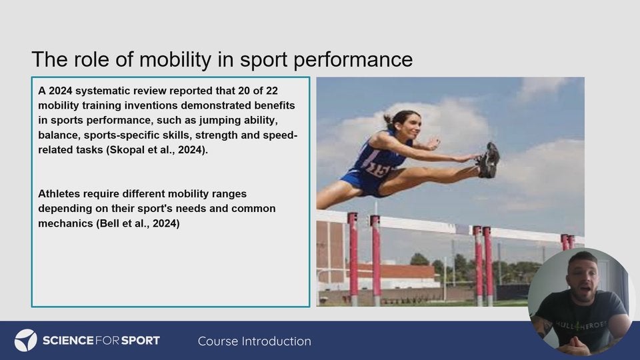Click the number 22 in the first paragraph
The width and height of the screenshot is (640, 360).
271,91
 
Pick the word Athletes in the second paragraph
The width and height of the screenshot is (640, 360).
59,193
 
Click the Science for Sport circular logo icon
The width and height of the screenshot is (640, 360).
25,341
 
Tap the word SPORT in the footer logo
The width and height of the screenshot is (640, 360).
141,341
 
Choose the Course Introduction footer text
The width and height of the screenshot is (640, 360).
254,341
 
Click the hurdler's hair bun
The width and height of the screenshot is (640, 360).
387,119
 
